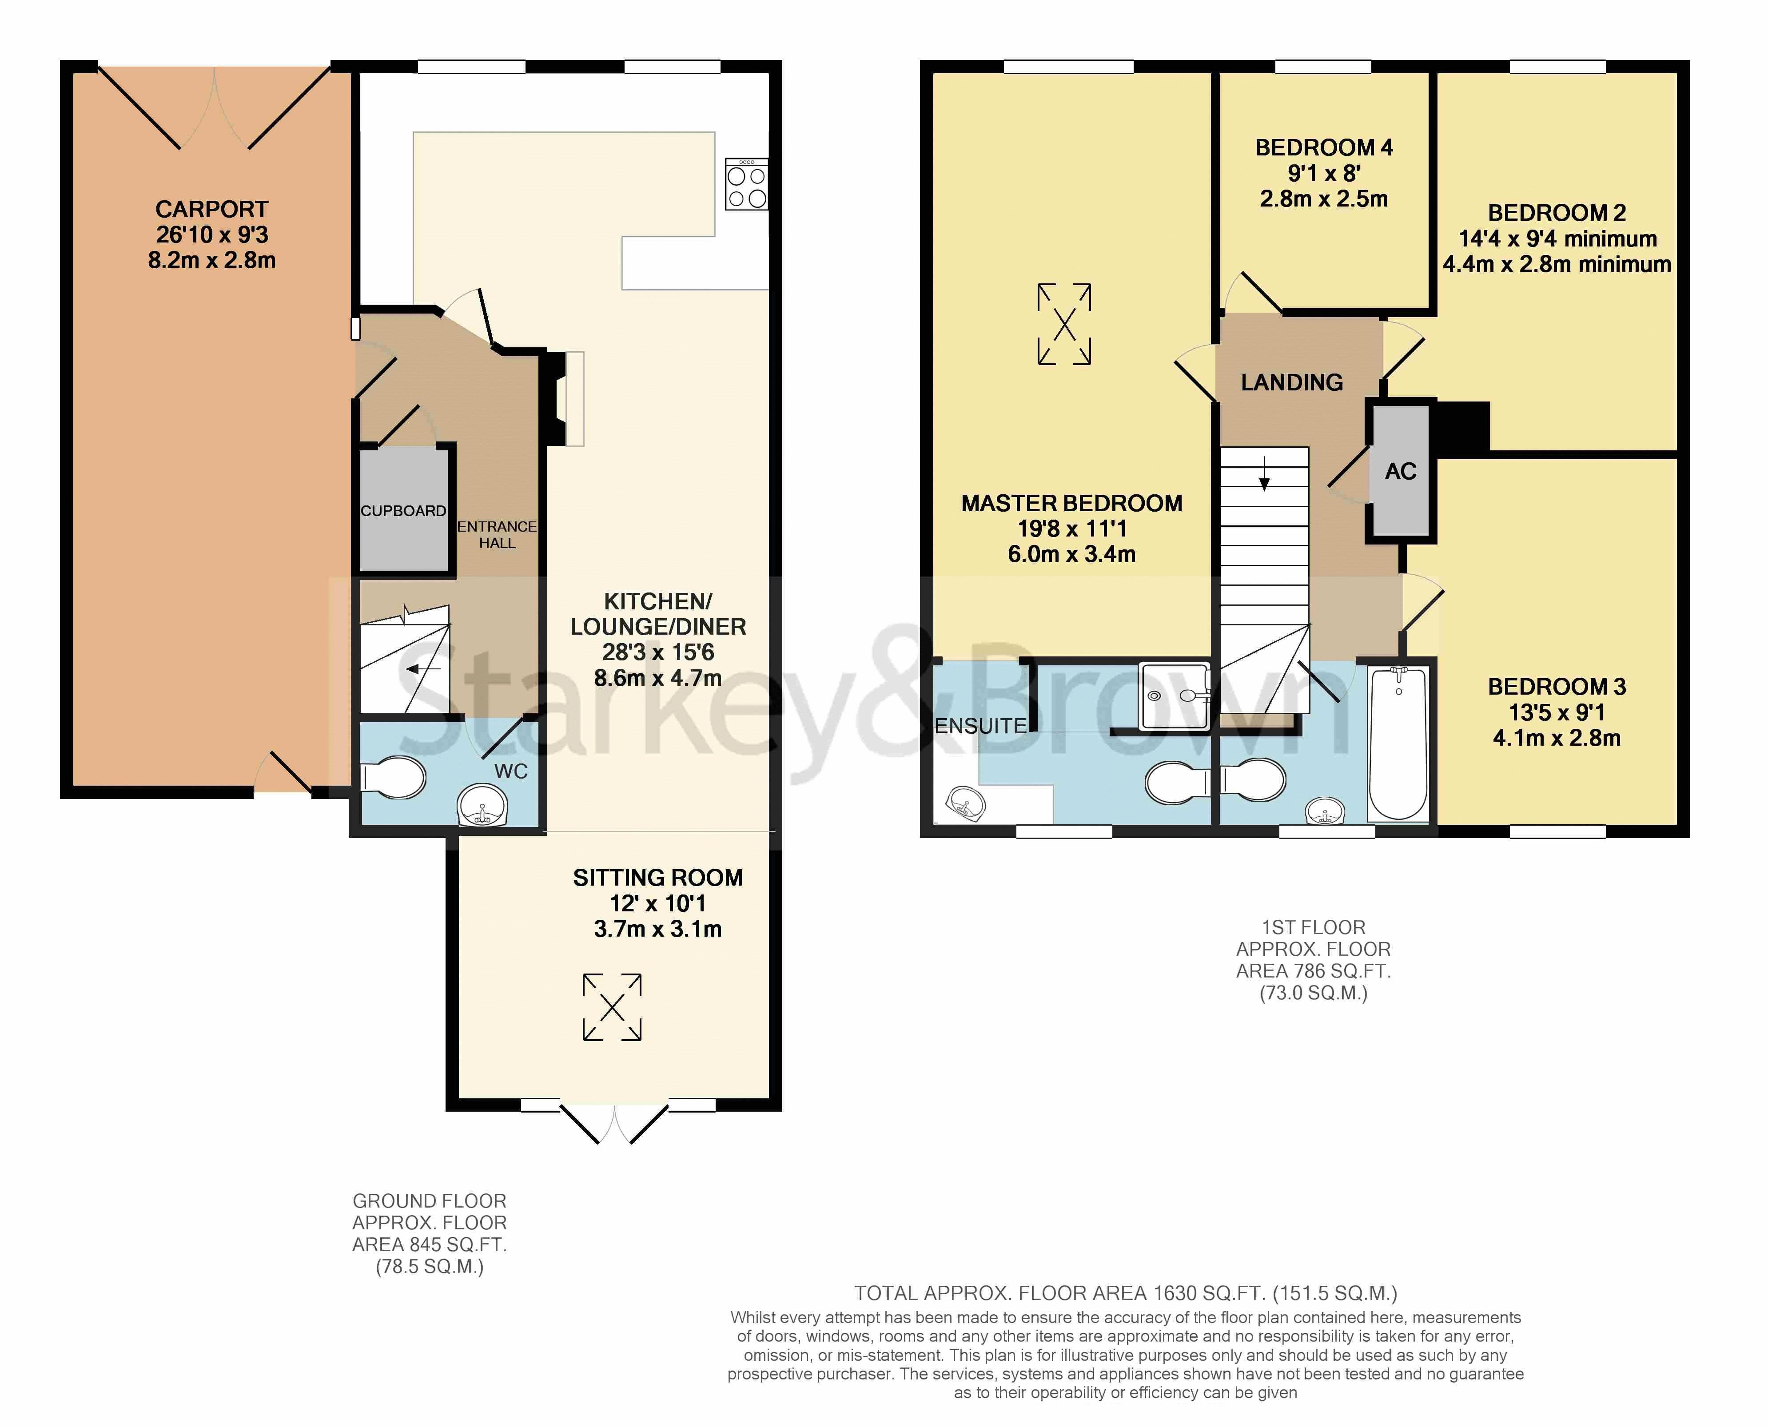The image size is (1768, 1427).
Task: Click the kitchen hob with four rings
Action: pos(746,184)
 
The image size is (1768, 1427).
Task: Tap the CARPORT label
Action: pos(212,210)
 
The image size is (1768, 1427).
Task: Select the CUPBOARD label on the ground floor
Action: pos(403,510)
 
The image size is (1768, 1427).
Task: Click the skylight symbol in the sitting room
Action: pos(612,1008)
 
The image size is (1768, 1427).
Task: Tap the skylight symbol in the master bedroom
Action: pos(1064,324)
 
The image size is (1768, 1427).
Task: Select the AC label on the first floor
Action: pos(1401,472)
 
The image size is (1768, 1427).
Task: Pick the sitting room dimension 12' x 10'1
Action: pos(657,903)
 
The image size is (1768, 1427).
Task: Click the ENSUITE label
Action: pos(980,726)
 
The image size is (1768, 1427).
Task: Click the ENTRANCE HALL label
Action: pos(497,534)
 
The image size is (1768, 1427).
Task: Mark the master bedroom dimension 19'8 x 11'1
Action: pos(1072,529)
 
